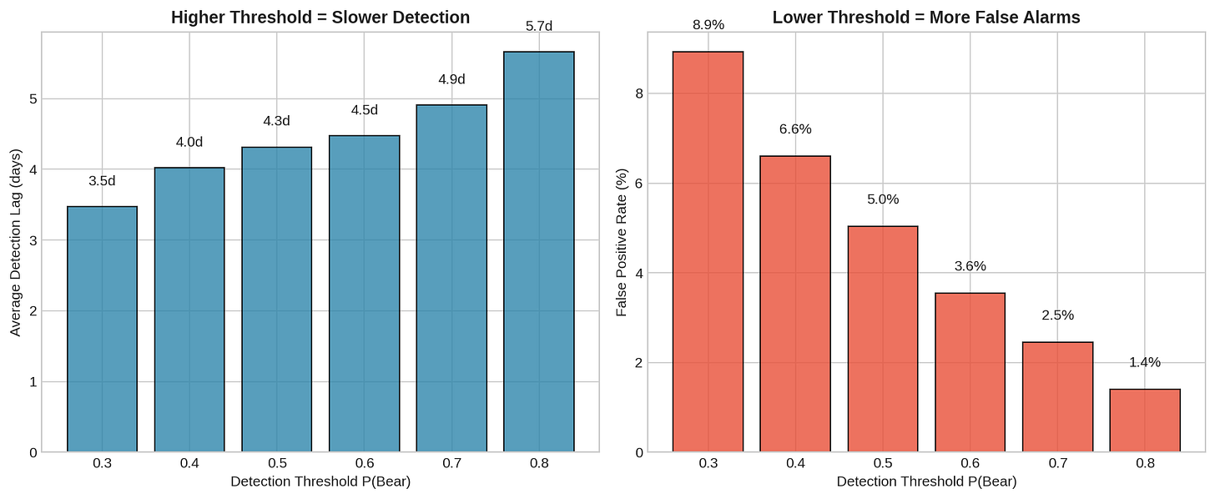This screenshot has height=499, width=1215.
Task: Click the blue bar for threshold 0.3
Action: [x=102, y=330]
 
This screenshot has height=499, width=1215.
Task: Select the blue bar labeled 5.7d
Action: [x=538, y=252]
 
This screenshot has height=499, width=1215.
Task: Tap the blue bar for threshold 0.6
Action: [x=364, y=294]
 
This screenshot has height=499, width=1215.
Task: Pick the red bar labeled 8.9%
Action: [x=708, y=252]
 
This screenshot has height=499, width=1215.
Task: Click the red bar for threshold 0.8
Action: [x=1145, y=421]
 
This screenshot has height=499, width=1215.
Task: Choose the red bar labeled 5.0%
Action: [x=883, y=339]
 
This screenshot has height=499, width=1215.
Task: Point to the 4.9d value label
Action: [x=451, y=79]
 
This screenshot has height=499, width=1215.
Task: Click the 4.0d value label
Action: [x=189, y=142]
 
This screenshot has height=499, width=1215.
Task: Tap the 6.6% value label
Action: [x=795, y=129]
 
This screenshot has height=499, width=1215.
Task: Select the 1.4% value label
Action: [x=1145, y=362]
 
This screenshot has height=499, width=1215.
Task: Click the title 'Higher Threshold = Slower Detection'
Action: [x=320, y=18]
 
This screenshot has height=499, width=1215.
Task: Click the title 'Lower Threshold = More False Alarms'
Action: [x=926, y=18]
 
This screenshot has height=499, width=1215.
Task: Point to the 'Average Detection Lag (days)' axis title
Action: [x=16, y=243]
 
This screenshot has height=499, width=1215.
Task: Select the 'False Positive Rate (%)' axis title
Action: [x=622, y=243]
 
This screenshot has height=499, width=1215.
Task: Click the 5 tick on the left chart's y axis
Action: [x=33, y=99]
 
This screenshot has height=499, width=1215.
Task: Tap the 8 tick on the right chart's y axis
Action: [x=639, y=93]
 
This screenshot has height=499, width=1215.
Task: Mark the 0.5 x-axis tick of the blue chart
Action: [x=277, y=463]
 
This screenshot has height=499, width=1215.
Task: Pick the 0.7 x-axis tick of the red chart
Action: [x=1057, y=463]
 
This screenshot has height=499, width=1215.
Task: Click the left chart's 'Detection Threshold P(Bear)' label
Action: [x=320, y=481]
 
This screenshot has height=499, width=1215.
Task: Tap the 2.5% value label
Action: [x=1057, y=315]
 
